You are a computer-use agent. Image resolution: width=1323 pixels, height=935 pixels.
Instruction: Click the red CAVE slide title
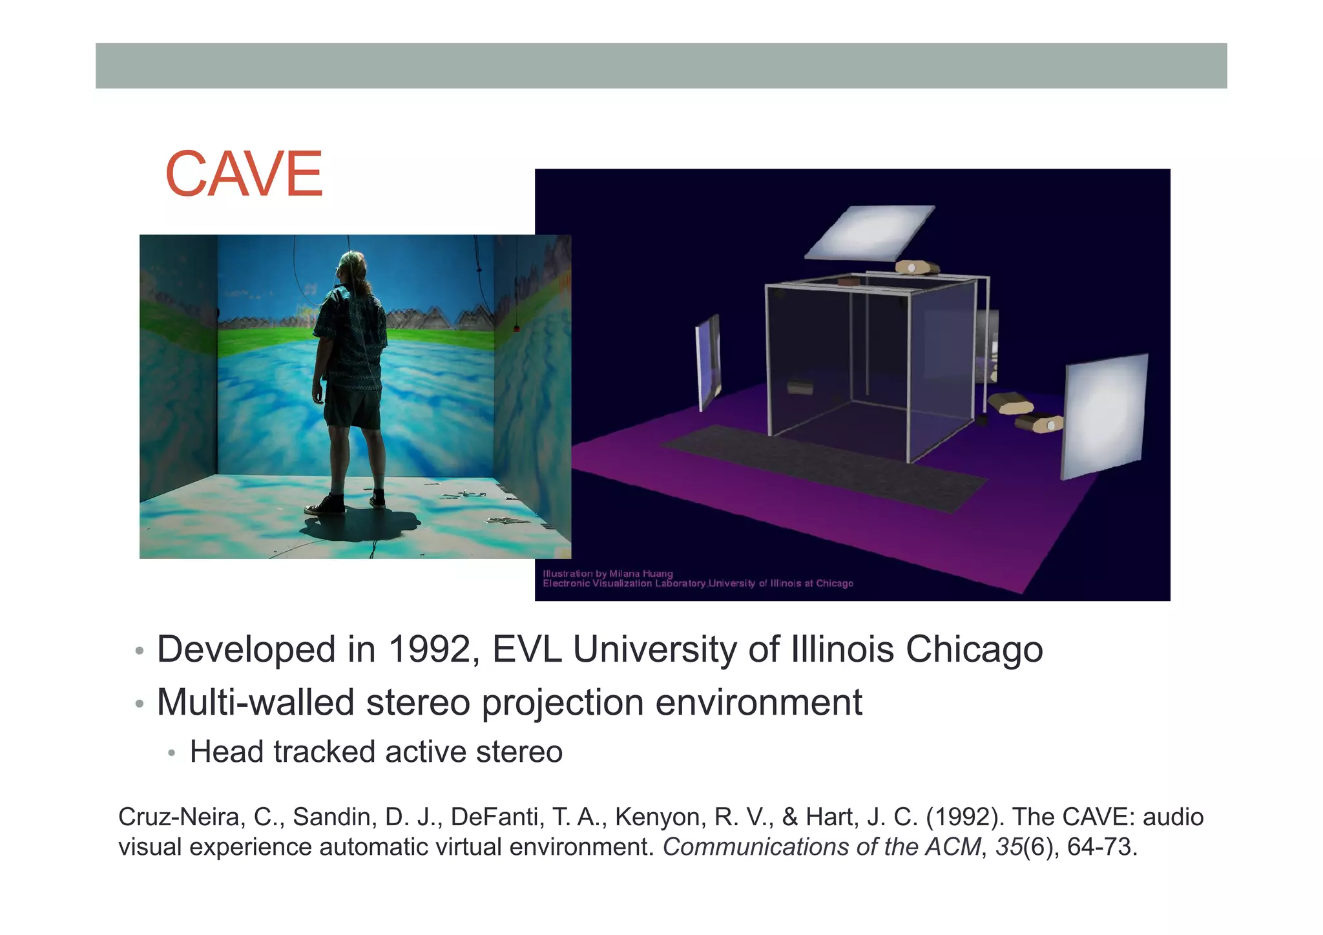point(244,174)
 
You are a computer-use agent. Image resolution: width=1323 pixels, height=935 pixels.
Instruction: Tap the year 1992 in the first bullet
point(432,649)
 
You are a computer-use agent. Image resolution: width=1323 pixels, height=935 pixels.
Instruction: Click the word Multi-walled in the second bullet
point(255,702)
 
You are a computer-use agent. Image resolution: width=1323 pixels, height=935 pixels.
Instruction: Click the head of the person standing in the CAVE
point(353,266)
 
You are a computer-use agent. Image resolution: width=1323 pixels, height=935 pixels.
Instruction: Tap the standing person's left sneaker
point(325,506)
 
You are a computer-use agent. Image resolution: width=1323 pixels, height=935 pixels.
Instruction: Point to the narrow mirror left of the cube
point(708,362)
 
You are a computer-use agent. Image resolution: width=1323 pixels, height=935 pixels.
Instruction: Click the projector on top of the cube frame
point(917,266)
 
